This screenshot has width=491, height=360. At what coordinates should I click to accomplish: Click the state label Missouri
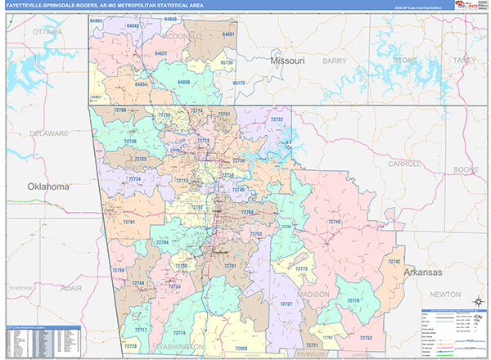click(x=287, y=61)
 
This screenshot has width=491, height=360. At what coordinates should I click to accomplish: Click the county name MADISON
click(x=313, y=294)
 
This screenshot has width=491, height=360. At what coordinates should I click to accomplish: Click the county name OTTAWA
click(x=47, y=31)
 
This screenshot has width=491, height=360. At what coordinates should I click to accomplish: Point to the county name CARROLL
click(x=403, y=164)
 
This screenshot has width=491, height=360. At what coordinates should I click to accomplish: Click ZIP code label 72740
click(x=333, y=222)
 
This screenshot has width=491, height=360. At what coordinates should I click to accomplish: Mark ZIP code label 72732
click(x=277, y=119)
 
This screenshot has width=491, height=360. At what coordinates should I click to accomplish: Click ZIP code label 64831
click(x=161, y=53)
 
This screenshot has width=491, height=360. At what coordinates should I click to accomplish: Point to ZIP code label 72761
click(x=129, y=223)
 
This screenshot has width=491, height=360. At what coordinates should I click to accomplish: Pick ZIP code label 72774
click(x=179, y=332)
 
